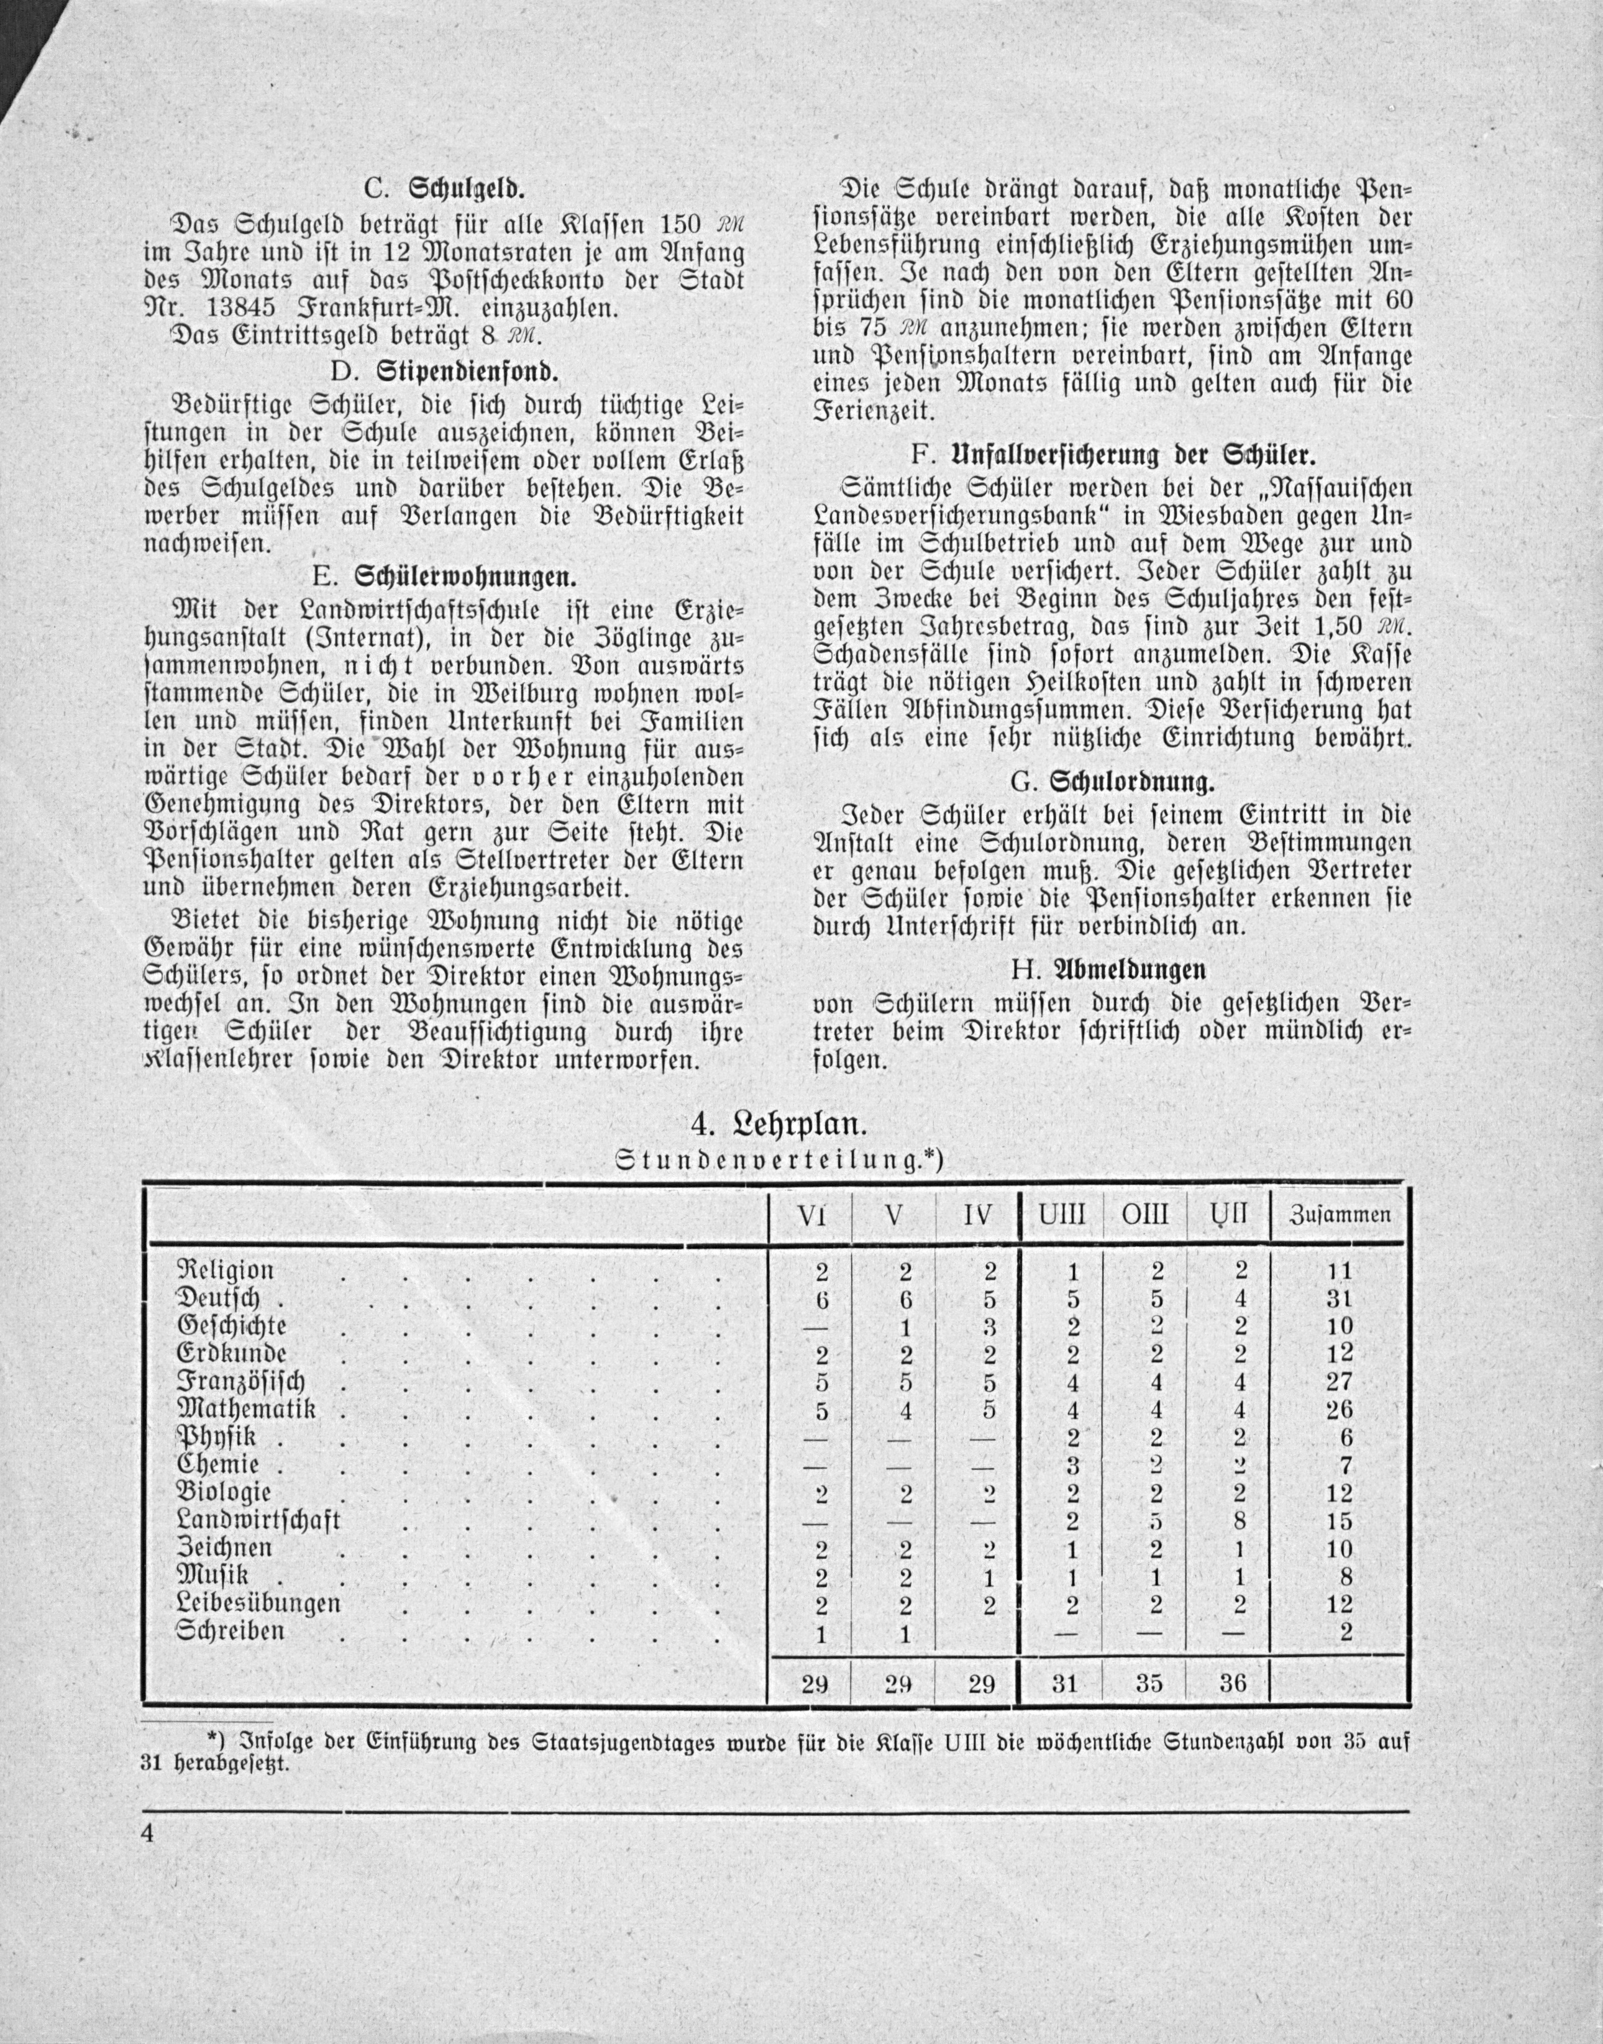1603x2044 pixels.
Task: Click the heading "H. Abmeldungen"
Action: (x=1112, y=969)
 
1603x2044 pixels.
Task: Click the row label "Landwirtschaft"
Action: (x=259, y=1520)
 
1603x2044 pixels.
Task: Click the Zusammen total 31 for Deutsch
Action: (x=1340, y=1300)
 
